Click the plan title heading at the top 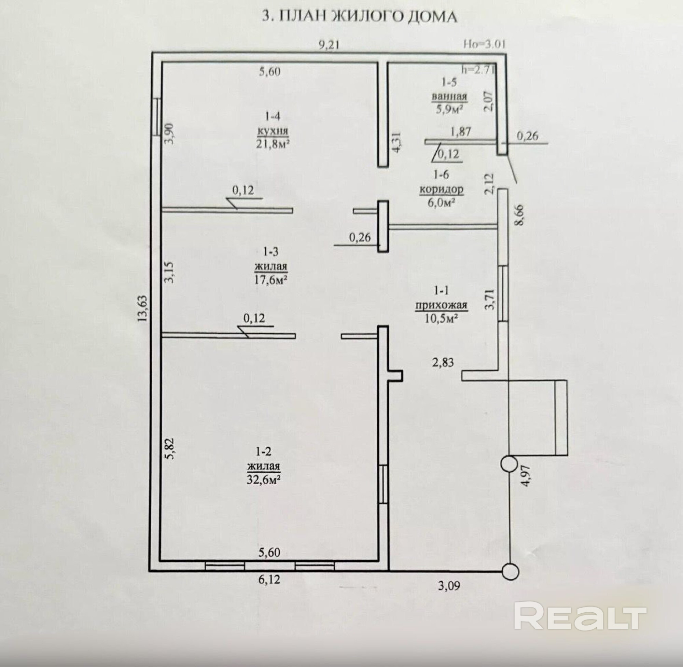pyautogui.click(x=360, y=17)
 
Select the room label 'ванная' pyautogui.click(x=449, y=96)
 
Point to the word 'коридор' pyautogui.click(x=441, y=189)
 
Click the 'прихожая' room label pyautogui.click(x=441, y=305)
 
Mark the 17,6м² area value pyautogui.click(x=271, y=280)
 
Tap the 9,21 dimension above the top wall pyautogui.click(x=329, y=45)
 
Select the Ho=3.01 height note pyautogui.click(x=484, y=44)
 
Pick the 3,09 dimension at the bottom pyautogui.click(x=449, y=585)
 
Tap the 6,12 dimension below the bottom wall pyautogui.click(x=269, y=580)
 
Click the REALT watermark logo pyautogui.click(x=580, y=615)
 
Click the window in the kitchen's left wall pyautogui.click(x=158, y=117)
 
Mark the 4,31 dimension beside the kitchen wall pyautogui.click(x=398, y=141)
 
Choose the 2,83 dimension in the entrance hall pyautogui.click(x=443, y=362)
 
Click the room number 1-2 pyautogui.click(x=263, y=451)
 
